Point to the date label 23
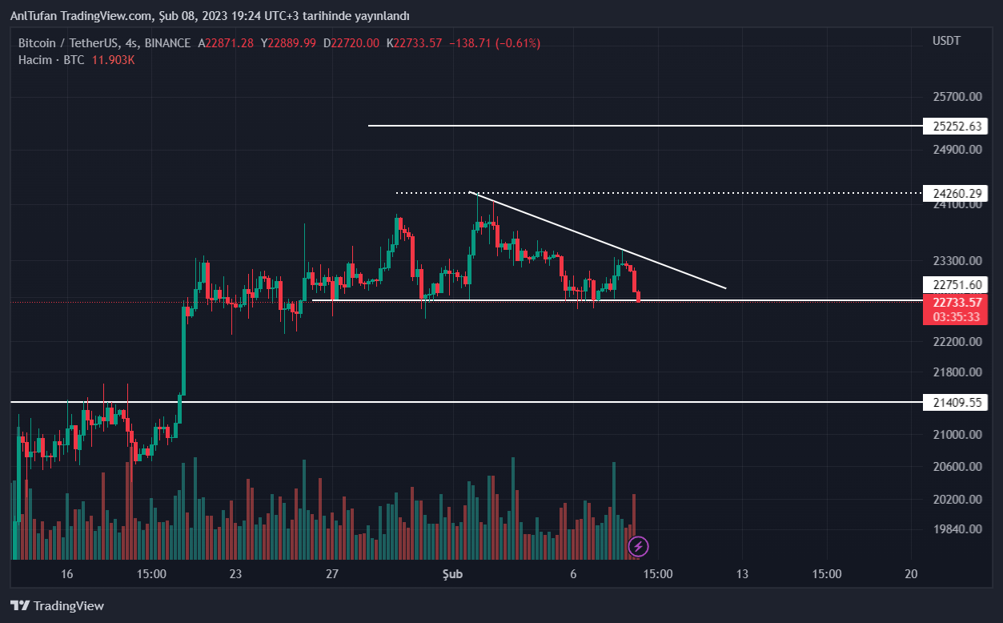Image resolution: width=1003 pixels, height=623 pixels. [x=235, y=573]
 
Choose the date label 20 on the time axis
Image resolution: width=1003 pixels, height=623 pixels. [x=910, y=573]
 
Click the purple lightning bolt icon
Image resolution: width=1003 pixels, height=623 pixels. [x=638, y=547]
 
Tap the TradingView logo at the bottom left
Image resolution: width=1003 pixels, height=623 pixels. [x=57, y=606]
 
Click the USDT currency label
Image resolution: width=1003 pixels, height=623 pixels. [x=946, y=41]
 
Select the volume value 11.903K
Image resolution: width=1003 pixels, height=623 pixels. [x=112, y=60]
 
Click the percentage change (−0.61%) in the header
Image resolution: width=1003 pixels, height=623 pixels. [x=517, y=42]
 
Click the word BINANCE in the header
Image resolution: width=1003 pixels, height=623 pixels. [x=167, y=42]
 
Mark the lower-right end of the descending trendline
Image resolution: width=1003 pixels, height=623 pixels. [x=726, y=288]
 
